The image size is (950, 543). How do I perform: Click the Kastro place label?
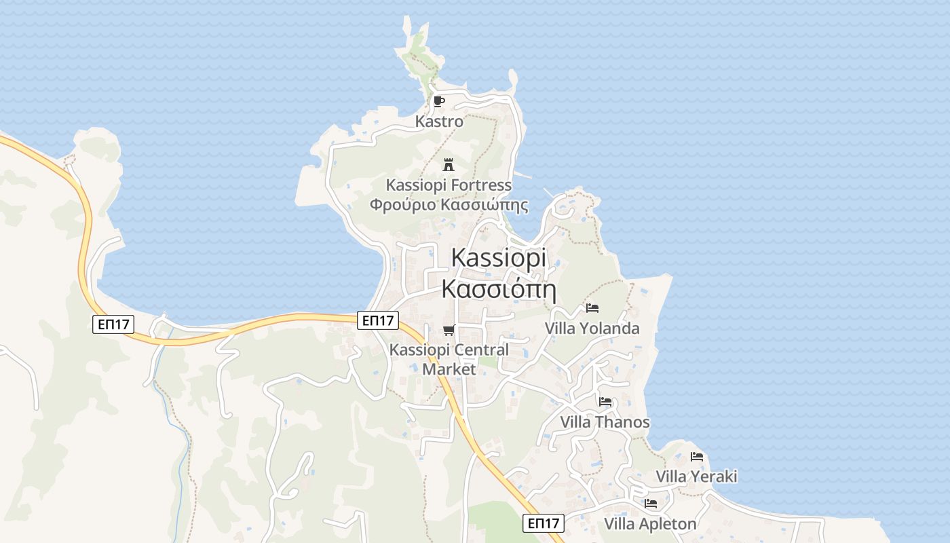click(x=439, y=122)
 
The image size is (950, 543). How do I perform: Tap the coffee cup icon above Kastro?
click(x=439, y=102)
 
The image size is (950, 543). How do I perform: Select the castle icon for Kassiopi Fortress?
click(x=448, y=164)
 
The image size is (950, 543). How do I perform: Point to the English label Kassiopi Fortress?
click(x=449, y=185)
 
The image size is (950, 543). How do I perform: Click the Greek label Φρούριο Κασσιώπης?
click(x=449, y=204)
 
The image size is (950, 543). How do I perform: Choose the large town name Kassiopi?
click(x=498, y=258)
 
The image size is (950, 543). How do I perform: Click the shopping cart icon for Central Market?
click(x=448, y=331)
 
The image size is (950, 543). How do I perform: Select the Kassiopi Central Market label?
click(x=449, y=360)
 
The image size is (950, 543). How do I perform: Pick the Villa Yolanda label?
click(x=592, y=329)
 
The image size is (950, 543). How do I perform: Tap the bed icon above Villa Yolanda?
click(x=592, y=308)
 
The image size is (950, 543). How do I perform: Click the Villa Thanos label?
click(x=605, y=422)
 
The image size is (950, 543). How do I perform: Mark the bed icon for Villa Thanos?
click(x=605, y=402)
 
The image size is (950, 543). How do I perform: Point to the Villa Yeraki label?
click(x=696, y=476)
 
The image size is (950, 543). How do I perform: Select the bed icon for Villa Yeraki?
click(x=697, y=457)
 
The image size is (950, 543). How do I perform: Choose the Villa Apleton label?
click(x=650, y=524)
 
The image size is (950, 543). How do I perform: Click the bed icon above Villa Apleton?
click(x=651, y=504)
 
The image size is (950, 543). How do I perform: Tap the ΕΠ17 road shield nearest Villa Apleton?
click(x=544, y=523)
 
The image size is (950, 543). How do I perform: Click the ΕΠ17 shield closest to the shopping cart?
click(x=378, y=320)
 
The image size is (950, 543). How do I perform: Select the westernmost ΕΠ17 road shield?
click(x=113, y=324)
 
